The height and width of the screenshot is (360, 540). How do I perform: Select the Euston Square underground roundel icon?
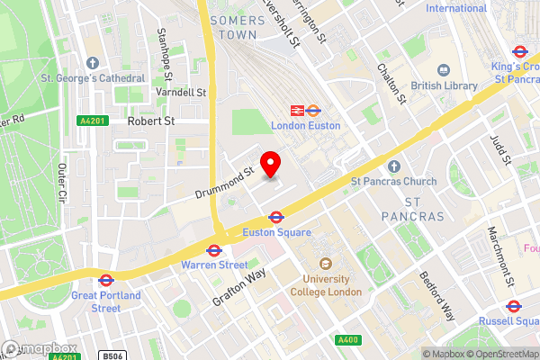pos(276,217)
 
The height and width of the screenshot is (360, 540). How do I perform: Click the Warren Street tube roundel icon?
pos(214,250)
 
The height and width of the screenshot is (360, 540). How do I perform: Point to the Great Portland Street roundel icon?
pos(105,280)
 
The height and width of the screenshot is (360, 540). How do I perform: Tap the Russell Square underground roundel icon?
pos(513,305)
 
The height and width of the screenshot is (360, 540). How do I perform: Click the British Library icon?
pos(443,69)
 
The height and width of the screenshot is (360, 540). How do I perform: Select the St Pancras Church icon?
pos(393,166)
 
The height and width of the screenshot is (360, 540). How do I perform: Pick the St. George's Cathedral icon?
pos(92,62)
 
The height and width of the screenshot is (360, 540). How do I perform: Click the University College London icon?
pos(325,265)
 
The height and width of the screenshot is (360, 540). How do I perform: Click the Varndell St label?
pos(180,93)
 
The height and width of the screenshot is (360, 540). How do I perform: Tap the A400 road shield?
pos(346,339)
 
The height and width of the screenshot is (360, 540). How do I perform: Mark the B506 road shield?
pos(111,356)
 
